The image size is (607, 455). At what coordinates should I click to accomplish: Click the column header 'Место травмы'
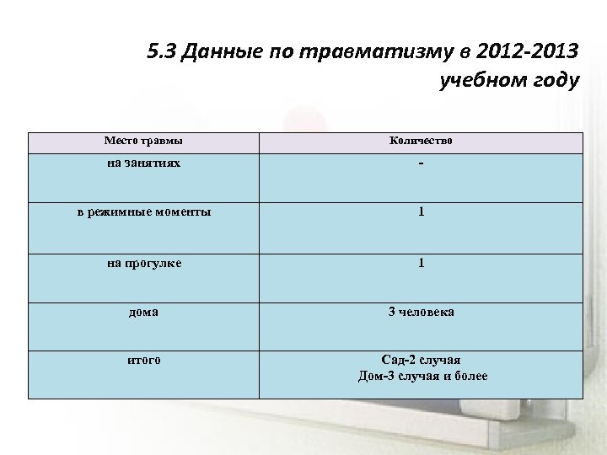coord(143,141)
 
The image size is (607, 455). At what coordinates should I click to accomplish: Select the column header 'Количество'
coord(421,141)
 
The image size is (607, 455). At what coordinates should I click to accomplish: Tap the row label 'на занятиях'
coord(143,163)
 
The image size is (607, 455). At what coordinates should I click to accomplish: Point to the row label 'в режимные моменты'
coord(144,212)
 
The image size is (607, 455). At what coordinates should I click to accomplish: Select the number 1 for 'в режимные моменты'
coord(421,212)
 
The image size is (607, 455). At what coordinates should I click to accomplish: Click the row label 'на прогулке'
coord(144,263)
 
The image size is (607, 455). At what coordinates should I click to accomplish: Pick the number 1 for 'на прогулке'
coord(421,263)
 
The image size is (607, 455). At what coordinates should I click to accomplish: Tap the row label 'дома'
coord(143,312)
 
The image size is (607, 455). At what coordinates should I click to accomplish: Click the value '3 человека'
coord(421,312)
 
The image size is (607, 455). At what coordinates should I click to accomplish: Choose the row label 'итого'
coord(144,360)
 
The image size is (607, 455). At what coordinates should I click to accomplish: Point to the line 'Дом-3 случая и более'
coord(422,376)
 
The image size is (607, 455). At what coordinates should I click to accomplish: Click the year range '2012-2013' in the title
coord(524,52)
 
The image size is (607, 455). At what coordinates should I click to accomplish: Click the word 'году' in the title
coord(553,83)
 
